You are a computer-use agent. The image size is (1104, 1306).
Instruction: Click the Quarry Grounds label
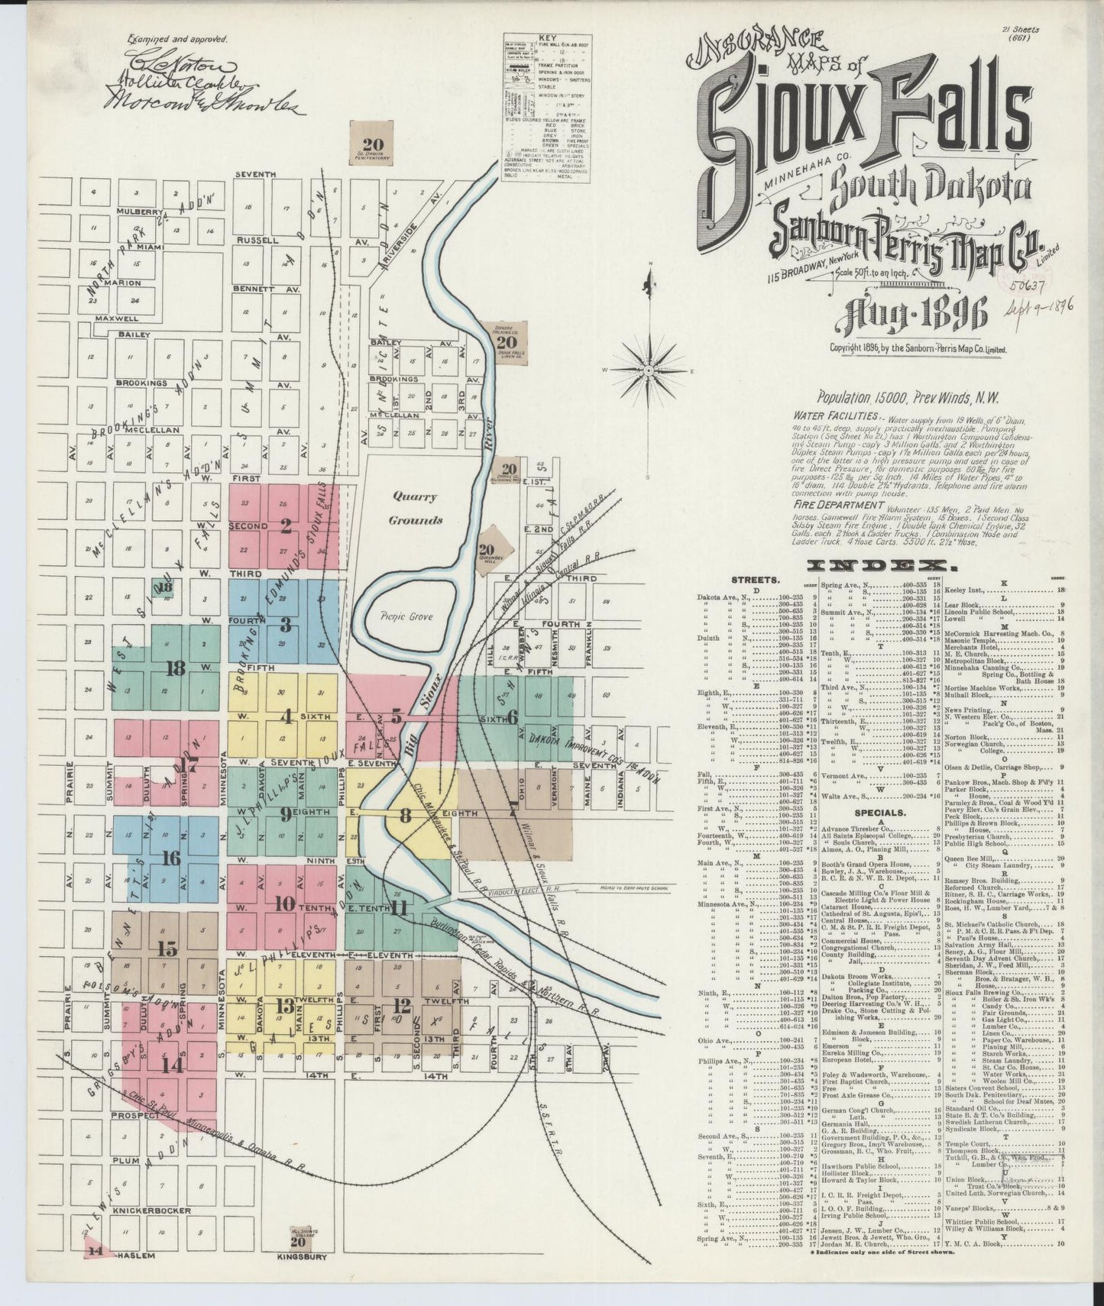pyautogui.click(x=416, y=509)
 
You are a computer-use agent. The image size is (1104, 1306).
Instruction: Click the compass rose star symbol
pyautogui.click(x=647, y=370)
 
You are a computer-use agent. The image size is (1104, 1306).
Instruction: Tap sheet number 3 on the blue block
pyautogui.click(x=285, y=626)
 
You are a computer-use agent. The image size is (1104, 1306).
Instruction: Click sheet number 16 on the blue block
pyautogui.click(x=171, y=858)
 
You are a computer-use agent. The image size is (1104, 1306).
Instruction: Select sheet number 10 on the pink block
pyautogui.click(x=284, y=904)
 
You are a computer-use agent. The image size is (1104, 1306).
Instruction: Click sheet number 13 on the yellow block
pyautogui.click(x=284, y=1005)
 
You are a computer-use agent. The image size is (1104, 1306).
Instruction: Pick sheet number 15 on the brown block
pyautogui.click(x=167, y=949)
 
